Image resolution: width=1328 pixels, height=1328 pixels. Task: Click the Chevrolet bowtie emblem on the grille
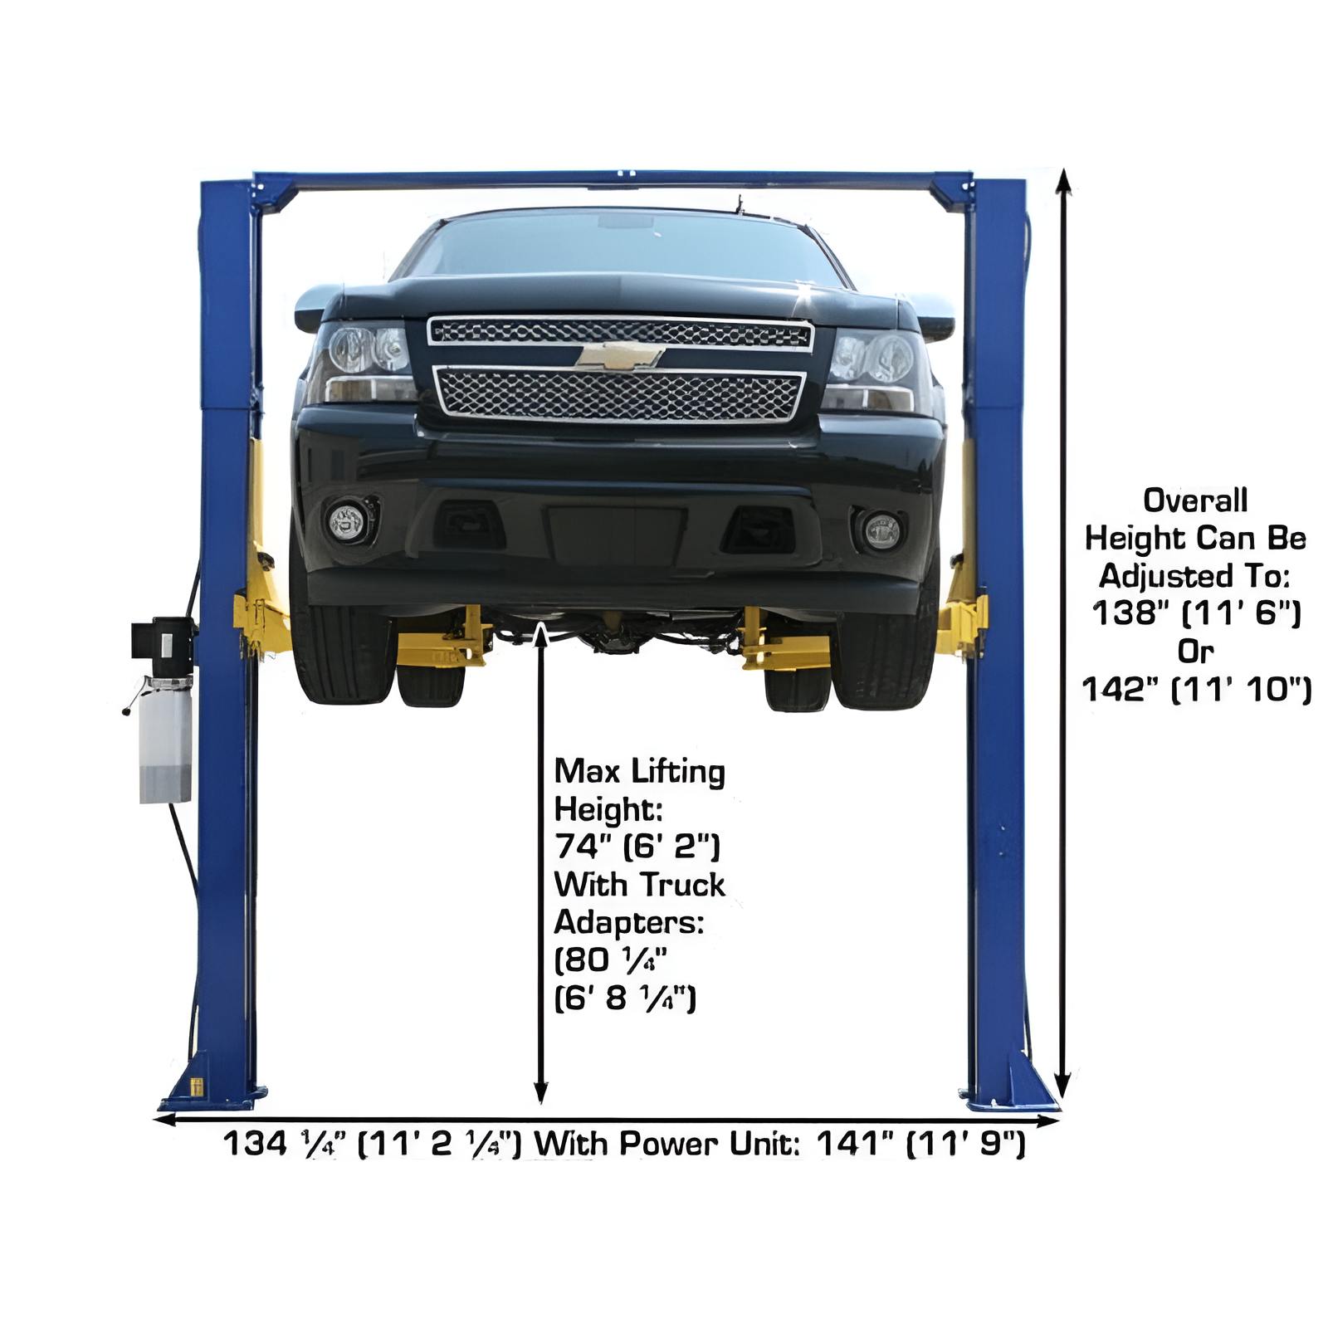(x=620, y=356)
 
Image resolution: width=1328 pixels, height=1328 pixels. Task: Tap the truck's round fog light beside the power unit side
(x=348, y=521)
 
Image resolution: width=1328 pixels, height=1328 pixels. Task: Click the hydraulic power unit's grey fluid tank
(x=165, y=739)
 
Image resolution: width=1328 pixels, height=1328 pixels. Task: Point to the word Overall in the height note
(x=1195, y=500)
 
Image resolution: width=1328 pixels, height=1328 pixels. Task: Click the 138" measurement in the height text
(x=1125, y=613)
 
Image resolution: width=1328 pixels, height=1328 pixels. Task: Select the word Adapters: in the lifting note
(x=628, y=922)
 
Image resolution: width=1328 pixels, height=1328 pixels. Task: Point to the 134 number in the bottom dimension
(x=255, y=1144)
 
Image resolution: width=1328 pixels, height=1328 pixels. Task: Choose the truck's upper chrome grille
(x=620, y=333)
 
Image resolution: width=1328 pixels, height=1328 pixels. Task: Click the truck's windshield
(x=618, y=247)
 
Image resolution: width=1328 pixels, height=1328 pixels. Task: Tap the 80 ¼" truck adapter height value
(x=611, y=960)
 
